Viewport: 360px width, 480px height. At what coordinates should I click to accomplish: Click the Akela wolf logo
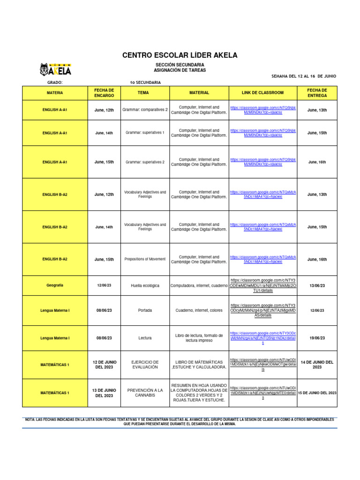point(55,70)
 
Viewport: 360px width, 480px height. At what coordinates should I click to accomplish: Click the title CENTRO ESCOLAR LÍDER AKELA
point(180,55)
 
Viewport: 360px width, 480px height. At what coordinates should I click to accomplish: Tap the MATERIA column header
point(55,93)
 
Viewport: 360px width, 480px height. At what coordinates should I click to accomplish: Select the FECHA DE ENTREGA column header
point(317,93)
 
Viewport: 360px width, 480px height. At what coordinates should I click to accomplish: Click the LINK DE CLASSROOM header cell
point(262,93)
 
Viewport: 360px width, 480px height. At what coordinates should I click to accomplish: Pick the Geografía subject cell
point(55,285)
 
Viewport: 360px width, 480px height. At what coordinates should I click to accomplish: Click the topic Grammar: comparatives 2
point(145,110)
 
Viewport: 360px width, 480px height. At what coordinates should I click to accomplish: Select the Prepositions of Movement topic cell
point(145,259)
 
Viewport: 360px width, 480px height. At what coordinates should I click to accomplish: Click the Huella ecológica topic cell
point(145,285)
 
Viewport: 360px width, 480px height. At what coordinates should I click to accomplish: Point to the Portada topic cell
point(145,310)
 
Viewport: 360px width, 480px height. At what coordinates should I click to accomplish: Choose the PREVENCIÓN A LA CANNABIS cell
point(145,393)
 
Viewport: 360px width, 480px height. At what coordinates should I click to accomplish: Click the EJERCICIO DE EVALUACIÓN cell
point(145,365)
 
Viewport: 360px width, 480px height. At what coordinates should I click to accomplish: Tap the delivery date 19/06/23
point(317,337)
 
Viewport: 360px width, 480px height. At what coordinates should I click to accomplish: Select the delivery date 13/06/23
point(317,285)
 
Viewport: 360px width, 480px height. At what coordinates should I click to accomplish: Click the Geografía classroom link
point(262,285)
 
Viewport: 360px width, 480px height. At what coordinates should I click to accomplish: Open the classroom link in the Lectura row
point(262,337)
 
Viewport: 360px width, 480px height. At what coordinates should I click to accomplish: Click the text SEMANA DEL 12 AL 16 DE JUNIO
point(304,76)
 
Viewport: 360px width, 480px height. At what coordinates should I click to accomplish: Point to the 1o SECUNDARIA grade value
point(145,82)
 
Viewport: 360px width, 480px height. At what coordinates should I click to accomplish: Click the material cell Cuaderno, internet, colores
point(199,310)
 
